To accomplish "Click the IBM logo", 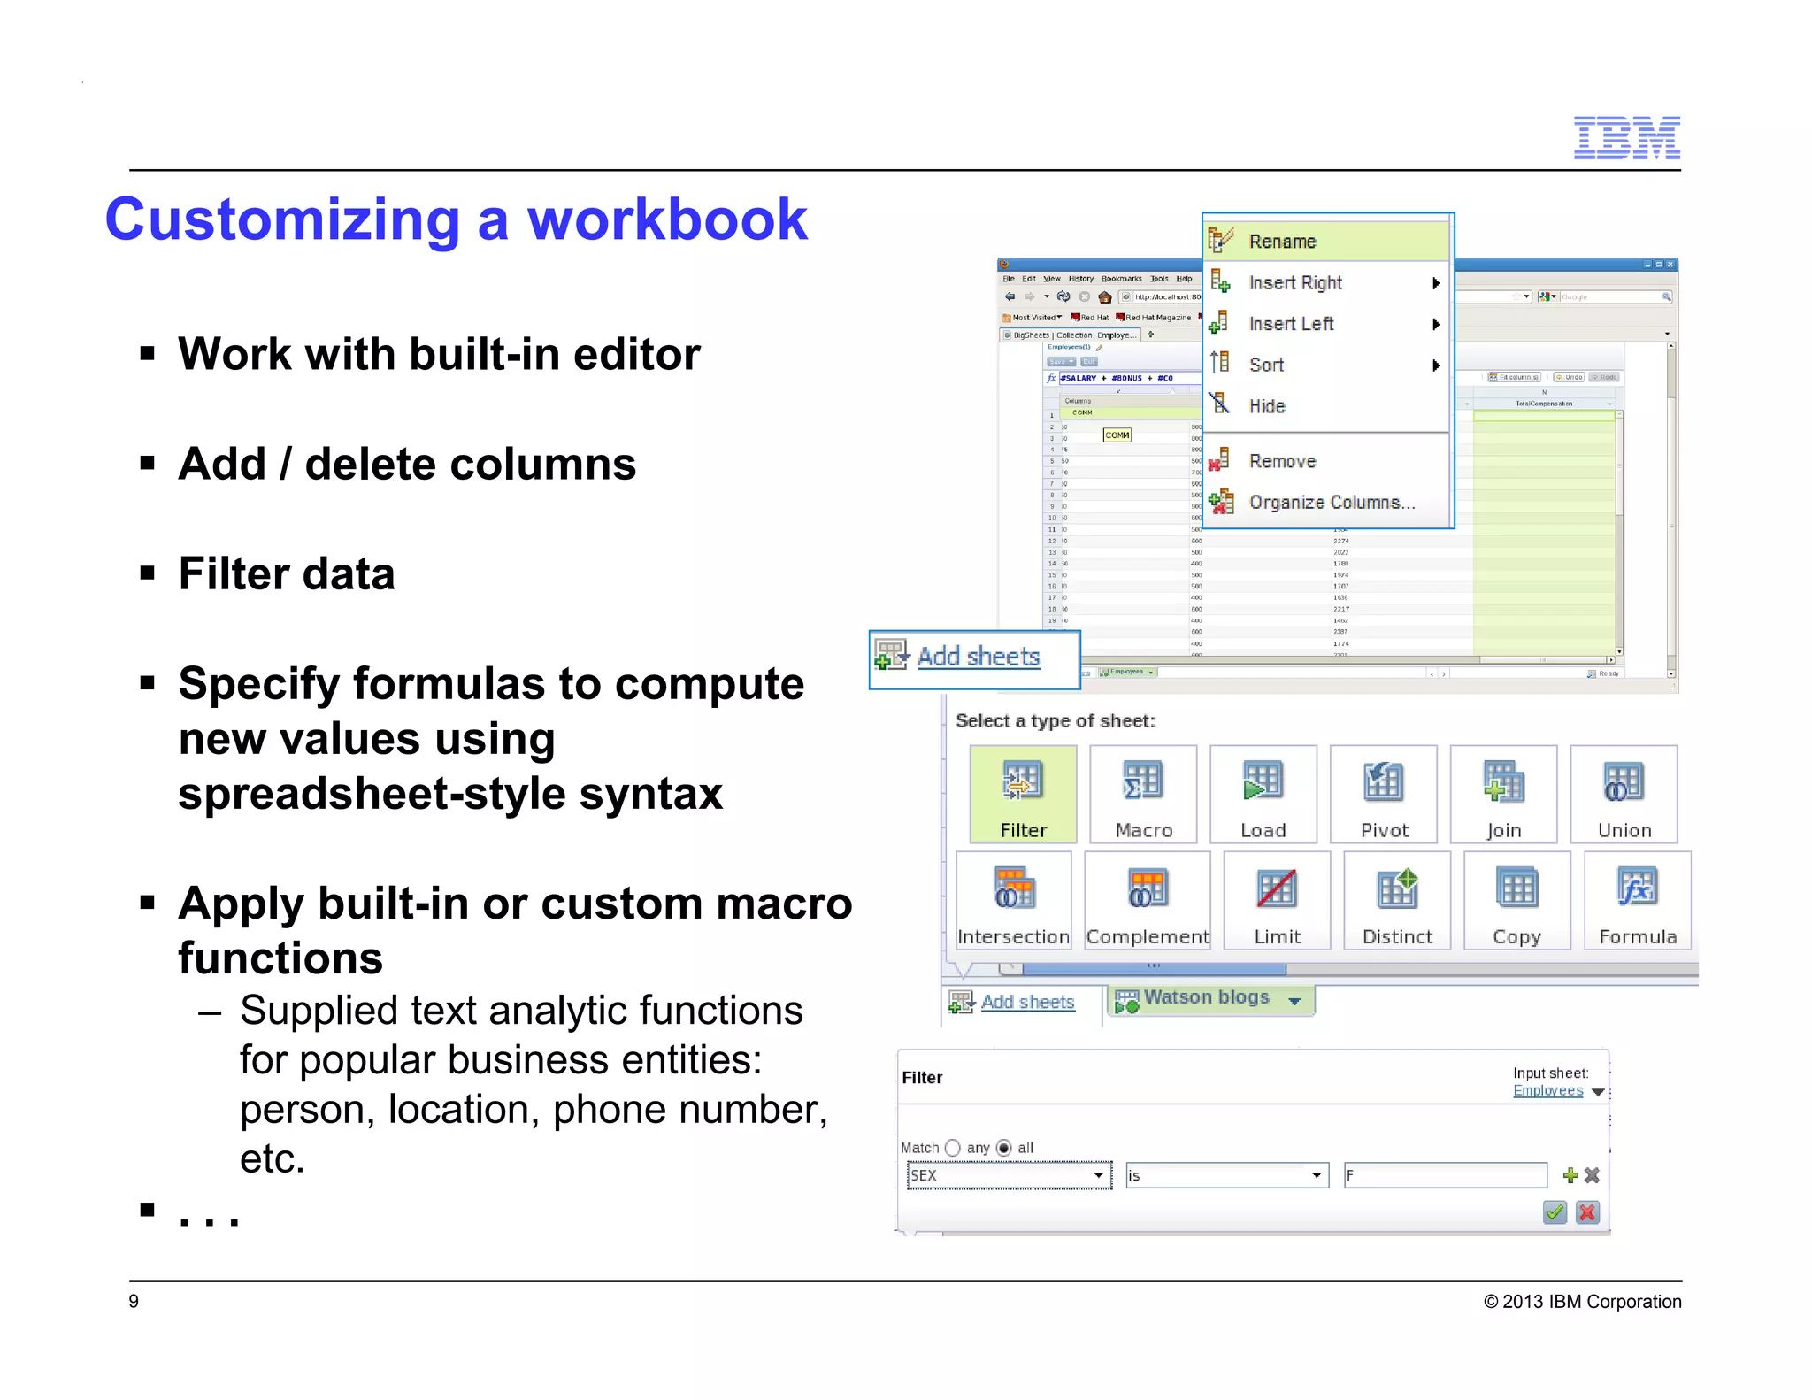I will click(x=1626, y=138).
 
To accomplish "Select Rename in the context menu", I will click(x=1282, y=242).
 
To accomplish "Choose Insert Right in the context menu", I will click(x=1295, y=283).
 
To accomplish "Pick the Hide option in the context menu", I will click(x=1267, y=406).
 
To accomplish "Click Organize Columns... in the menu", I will click(x=1332, y=503).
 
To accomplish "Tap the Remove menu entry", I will click(x=1282, y=461).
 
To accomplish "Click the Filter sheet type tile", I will click(x=1023, y=794).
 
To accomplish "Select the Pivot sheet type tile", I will click(x=1384, y=794).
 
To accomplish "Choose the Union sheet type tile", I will click(x=1624, y=794).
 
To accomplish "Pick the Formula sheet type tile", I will click(x=1637, y=900).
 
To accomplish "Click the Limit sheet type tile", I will click(x=1277, y=900).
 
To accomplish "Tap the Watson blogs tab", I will click(x=1206, y=998).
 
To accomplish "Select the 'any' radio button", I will click(x=953, y=1148).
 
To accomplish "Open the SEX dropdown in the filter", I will click(x=1009, y=1175).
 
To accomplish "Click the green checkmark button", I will click(x=1555, y=1212).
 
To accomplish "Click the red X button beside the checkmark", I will click(x=1587, y=1212).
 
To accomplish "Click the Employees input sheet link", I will click(x=1547, y=1091).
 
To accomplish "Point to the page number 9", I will click(x=134, y=1301).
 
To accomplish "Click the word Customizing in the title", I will click(x=282, y=219).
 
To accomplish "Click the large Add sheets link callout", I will click(x=978, y=658).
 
